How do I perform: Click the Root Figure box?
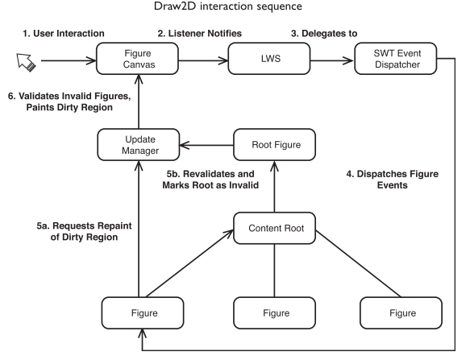click(268, 146)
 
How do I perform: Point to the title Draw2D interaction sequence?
click(234, 8)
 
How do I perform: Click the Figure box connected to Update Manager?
click(139, 311)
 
